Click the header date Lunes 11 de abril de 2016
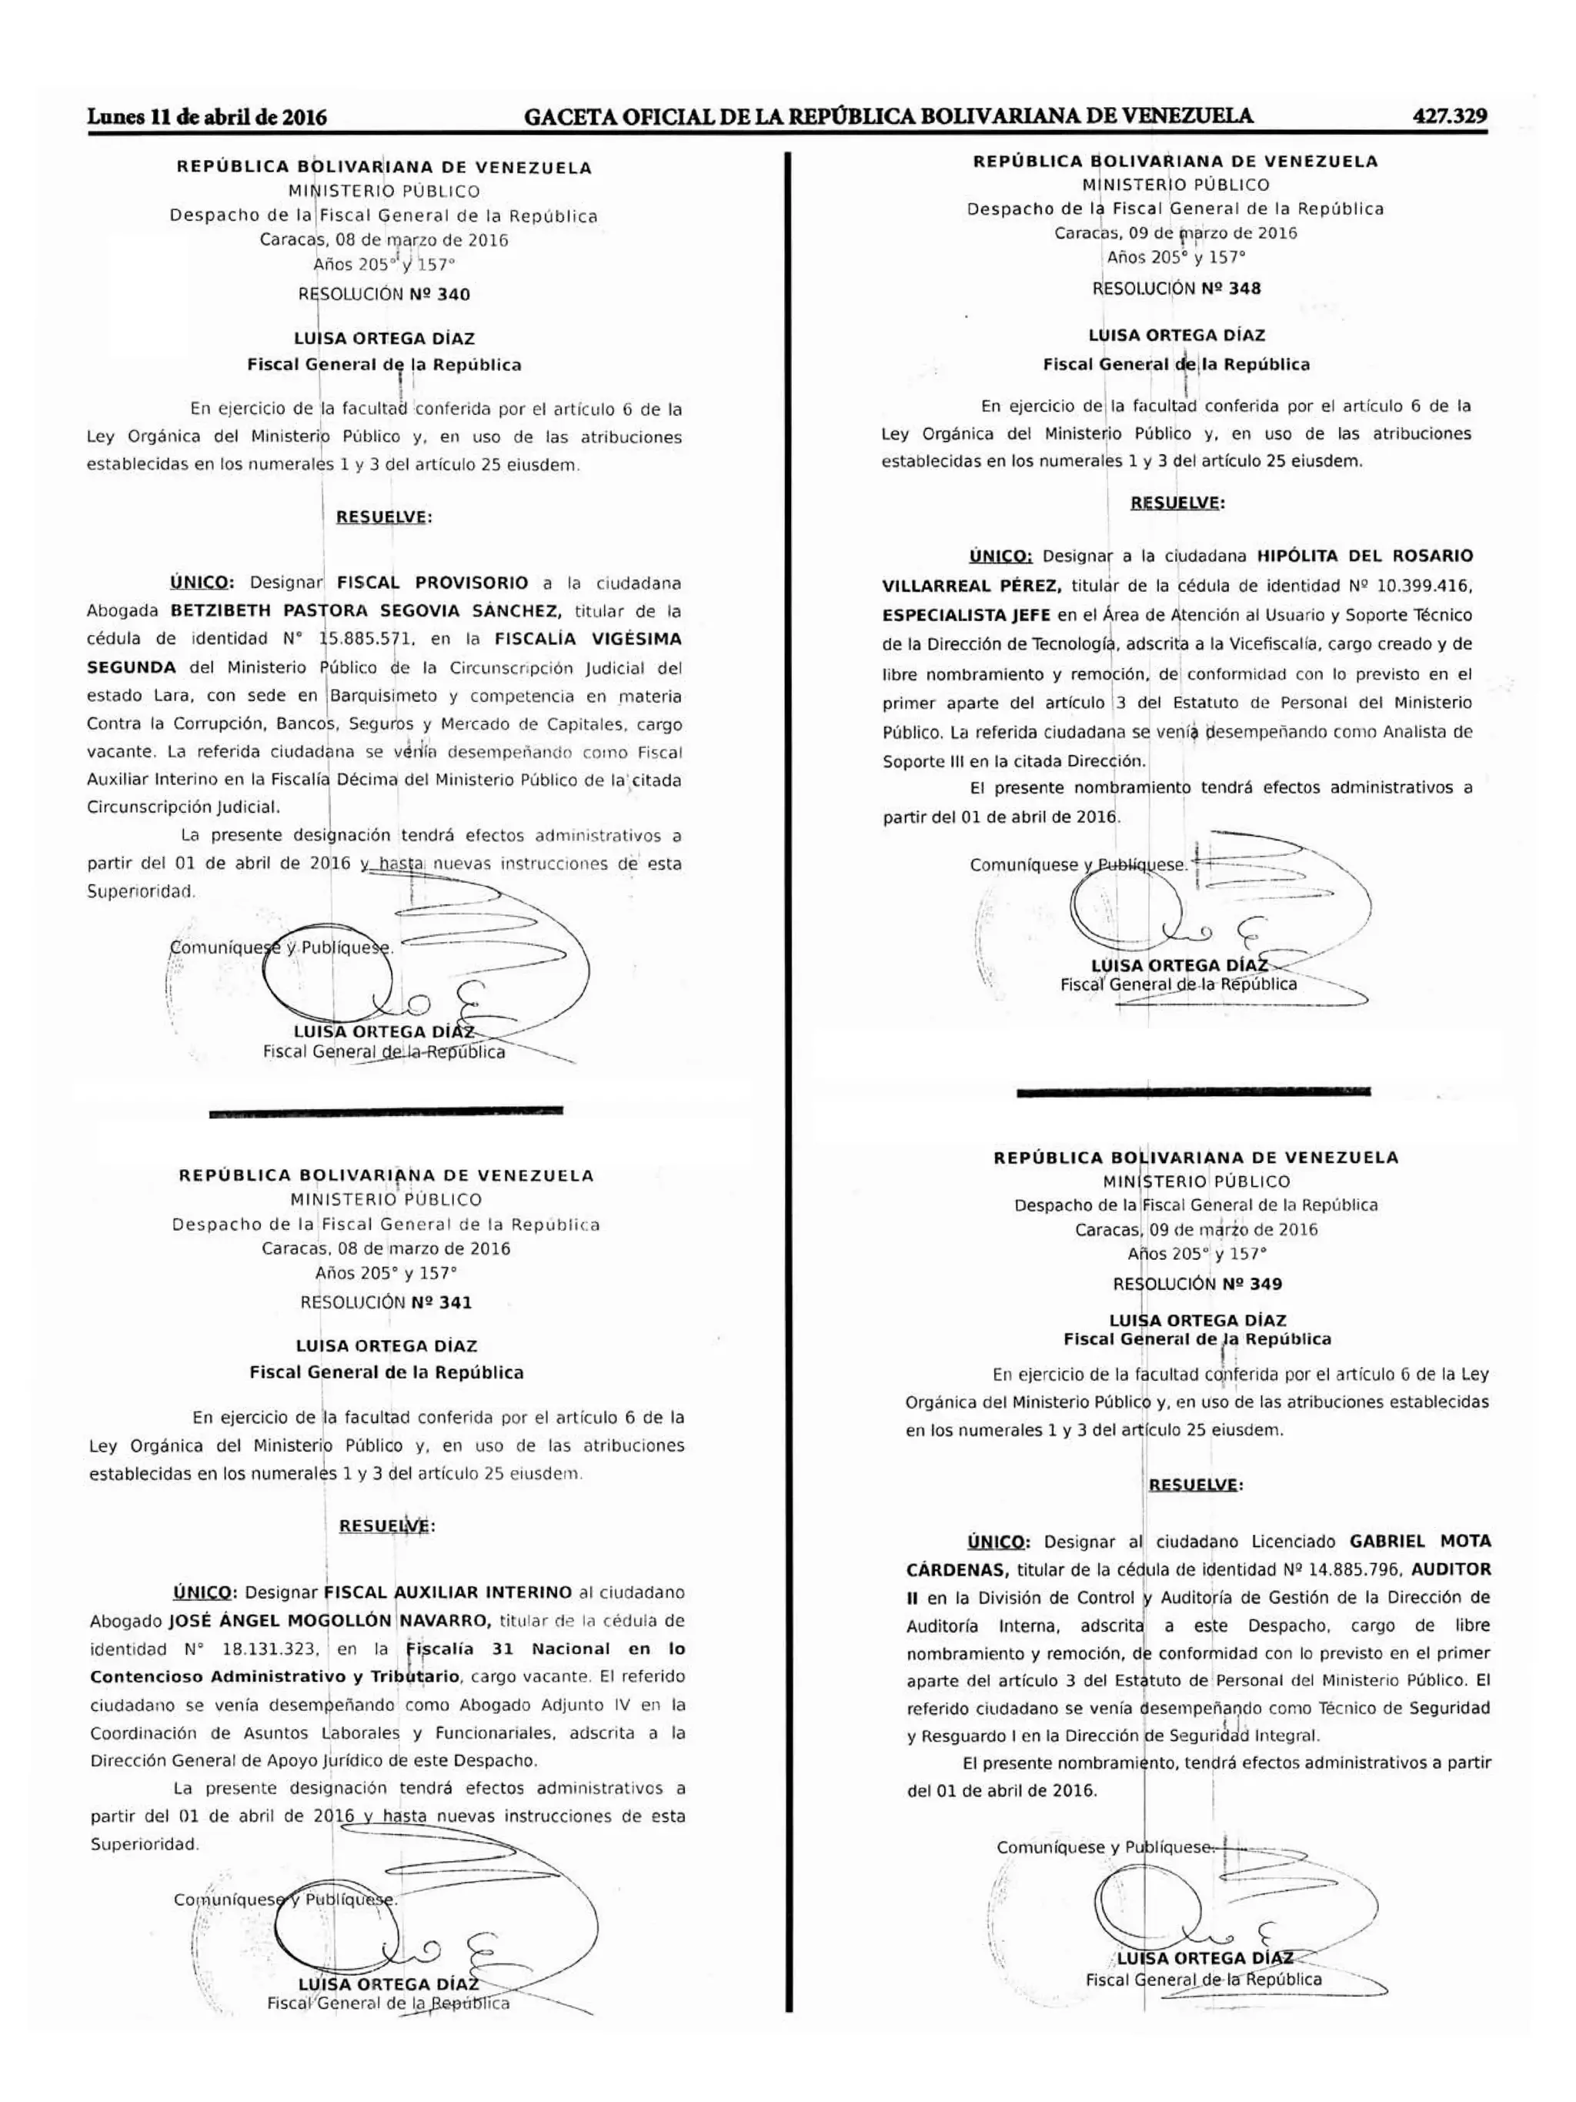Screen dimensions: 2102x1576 (x=207, y=118)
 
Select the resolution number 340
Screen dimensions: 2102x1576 (x=453, y=295)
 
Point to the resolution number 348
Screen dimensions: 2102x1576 (x=1244, y=288)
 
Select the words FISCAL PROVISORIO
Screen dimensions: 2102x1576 (x=432, y=583)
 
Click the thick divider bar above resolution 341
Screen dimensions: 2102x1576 (x=385, y=1110)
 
